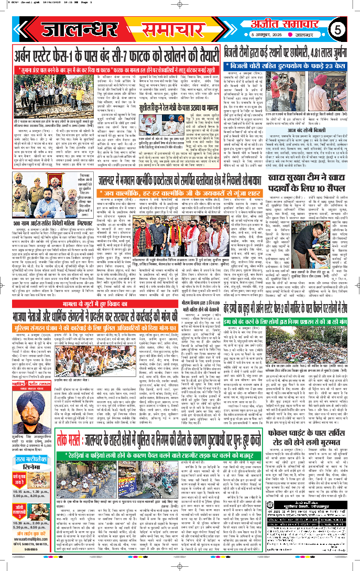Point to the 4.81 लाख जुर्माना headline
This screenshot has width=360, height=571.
pyautogui.click(x=290, y=55)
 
